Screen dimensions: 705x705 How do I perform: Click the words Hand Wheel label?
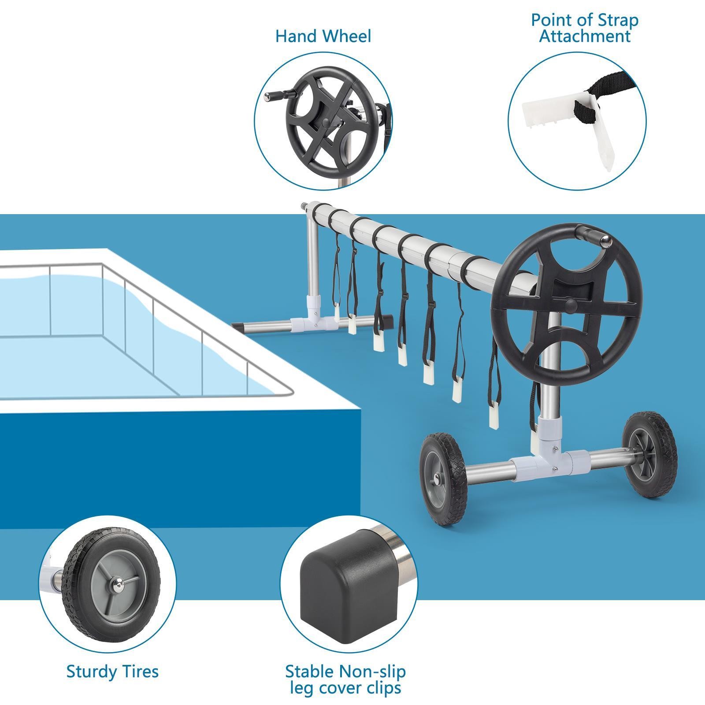(323, 36)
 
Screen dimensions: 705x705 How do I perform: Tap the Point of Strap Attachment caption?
(584, 28)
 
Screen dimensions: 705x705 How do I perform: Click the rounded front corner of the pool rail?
(289, 390)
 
